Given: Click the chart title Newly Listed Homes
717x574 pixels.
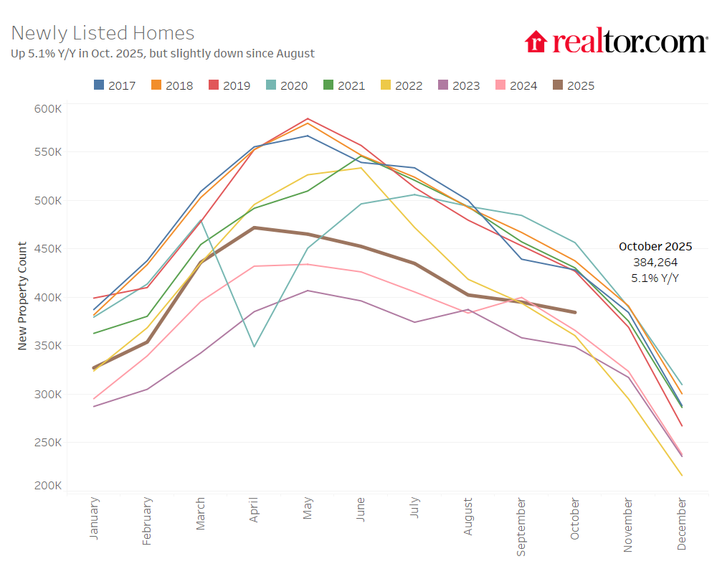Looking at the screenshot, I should click(x=103, y=33).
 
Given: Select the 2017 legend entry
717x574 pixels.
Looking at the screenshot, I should click(x=115, y=85).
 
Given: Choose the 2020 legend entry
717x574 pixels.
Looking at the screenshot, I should click(x=287, y=85).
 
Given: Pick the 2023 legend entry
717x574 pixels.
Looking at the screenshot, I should click(x=459, y=85).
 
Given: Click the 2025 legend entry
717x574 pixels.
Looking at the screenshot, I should click(x=574, y=85).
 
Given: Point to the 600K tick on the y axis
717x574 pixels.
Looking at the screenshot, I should click(x=48, y=108).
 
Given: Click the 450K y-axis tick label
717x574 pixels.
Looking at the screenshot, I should click(x=48, y=249).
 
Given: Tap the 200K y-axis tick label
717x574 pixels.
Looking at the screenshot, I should click(x=48, y=486).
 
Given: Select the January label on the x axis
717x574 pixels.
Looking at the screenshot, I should click(x=94, y=518).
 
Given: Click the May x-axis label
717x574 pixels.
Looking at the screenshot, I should click(x=308, y=511).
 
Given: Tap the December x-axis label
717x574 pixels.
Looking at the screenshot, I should click(x=681, y=524).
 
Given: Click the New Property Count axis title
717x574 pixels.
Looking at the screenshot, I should click(x=22, y=296).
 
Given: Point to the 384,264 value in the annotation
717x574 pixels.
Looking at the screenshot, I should click(x=655, y=262).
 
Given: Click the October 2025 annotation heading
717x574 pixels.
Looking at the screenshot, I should click(x=655, y=246).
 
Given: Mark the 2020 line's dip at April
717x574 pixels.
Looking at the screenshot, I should click(x=254, y=347).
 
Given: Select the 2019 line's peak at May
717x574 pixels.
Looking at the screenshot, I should click(x=308, y=118).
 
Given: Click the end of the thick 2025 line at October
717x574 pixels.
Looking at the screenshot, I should click(x=574, y=312).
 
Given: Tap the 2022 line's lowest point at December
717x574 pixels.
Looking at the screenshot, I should click(x=681, y=475).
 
